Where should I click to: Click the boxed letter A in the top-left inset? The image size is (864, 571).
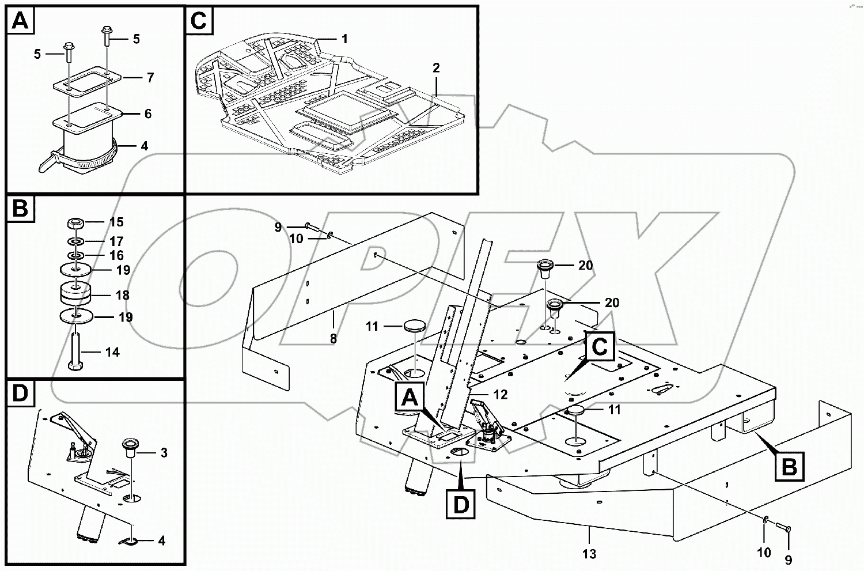(x=20, y=21)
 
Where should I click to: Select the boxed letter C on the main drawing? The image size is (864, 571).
(x=600, y=347)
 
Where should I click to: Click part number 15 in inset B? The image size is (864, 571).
(x=116, y=222)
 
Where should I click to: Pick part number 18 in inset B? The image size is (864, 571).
(x=122, y=295)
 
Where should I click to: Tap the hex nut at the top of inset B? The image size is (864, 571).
(x=77, y=222)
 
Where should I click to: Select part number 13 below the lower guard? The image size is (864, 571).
(x=589, y=554)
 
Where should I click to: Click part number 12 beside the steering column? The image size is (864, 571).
(x=501, y=395)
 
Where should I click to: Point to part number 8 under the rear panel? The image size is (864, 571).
(x=334, y=339)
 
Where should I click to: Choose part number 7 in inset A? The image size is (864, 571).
(x=150, y=77)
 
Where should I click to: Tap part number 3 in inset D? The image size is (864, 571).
(x=164, y=453)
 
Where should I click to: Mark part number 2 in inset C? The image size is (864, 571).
(x=436, y=68)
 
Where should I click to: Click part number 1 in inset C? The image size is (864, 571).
(x=344, y=39)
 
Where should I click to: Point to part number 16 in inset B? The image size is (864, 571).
(x=116, y=255)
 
